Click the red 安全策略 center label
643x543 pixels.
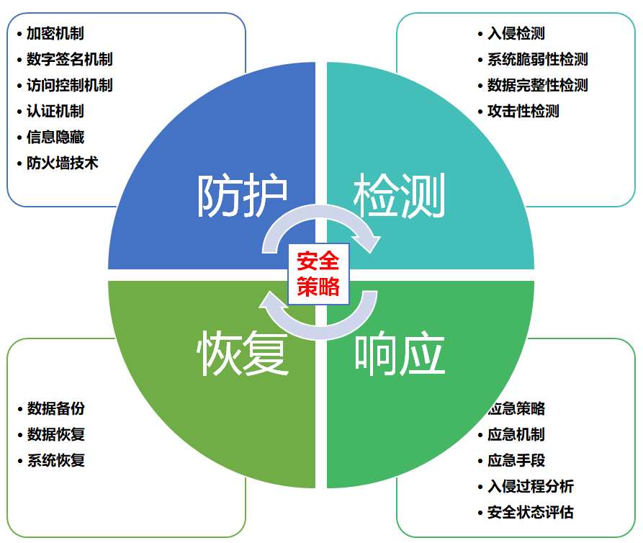318,274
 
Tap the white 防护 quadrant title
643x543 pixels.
243,196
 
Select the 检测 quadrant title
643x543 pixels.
400,196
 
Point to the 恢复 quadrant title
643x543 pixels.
243,354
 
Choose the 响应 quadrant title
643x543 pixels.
400,354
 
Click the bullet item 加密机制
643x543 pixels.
55,33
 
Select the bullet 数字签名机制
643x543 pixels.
69,59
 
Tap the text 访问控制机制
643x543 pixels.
69,85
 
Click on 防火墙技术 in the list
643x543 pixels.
62,163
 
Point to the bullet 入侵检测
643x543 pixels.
516,33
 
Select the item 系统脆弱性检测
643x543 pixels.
537,59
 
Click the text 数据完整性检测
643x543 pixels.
537,85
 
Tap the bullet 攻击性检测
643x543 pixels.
523,111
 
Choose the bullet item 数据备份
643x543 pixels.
55,408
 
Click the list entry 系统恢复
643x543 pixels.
55,460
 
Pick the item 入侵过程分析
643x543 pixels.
530,486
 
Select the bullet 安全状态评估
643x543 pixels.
530,512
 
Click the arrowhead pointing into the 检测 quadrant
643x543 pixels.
370,243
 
